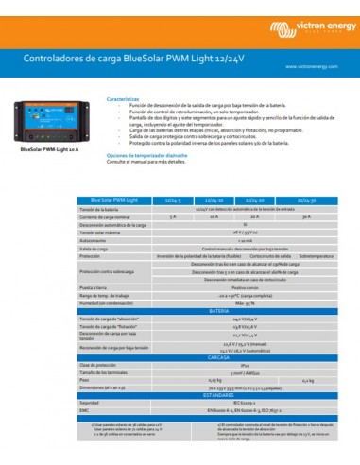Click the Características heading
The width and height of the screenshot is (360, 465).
[x=124, y=97]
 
